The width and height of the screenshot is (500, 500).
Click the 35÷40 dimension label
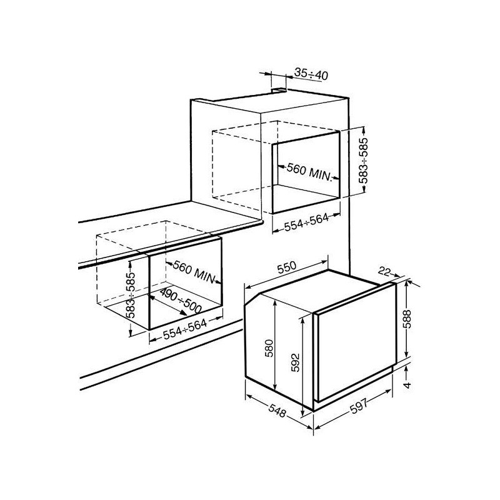311,74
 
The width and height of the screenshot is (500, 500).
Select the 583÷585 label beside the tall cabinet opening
363,161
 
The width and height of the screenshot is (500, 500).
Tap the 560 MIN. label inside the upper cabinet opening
309,171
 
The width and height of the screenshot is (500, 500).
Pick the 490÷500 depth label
181,301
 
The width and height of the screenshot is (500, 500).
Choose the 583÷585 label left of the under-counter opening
130,295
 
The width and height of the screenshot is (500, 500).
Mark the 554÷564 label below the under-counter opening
185,329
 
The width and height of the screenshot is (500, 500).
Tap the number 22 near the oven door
384,271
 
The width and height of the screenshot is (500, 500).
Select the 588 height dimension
407,319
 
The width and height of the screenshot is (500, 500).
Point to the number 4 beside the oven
407,385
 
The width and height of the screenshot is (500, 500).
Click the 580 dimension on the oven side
269,348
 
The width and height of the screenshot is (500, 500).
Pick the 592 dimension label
295,362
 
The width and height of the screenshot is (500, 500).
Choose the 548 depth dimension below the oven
277,411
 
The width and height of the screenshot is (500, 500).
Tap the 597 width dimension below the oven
359,406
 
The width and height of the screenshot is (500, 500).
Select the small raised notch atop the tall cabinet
278,90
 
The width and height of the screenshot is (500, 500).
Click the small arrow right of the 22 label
396,275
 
